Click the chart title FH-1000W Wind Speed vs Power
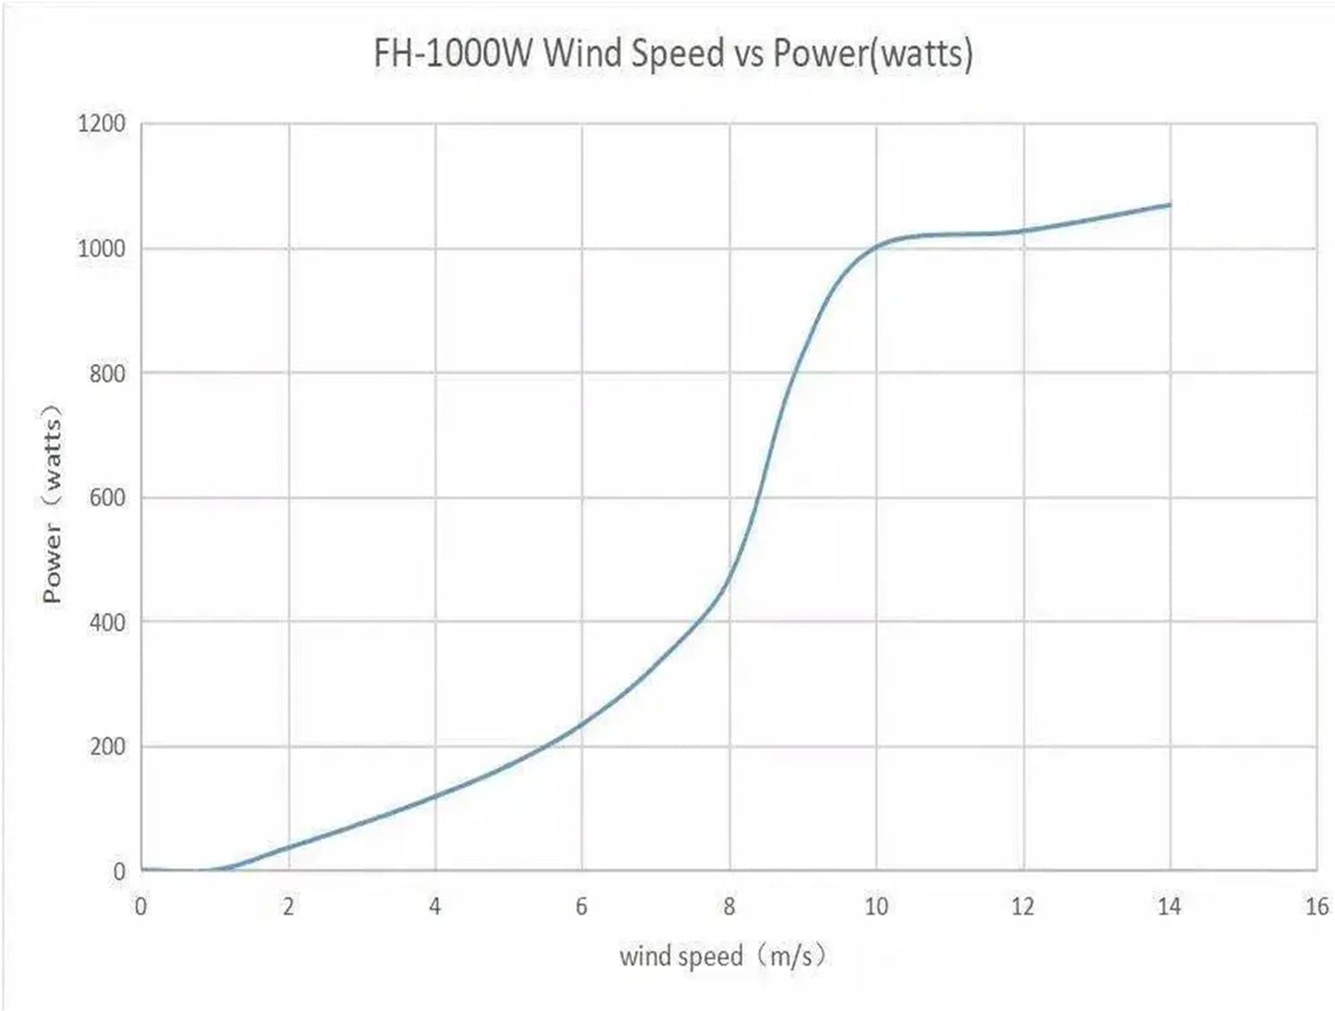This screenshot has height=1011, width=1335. pyautogui.click(x=673, y=53)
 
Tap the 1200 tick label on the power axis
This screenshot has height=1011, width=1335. pyautogui.click(x=102, y=123)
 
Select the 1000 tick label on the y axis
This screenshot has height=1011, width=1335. pyautogui.click(x=102, y=249)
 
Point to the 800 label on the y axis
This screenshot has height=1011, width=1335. pyautogui.click(x=107, y=373)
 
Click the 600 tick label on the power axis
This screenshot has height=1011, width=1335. pyautogui.click(x=107, y=497)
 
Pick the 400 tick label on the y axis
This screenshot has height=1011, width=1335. pyautogui.click(x=107, y=622)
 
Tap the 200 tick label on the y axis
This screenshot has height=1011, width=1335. pyautogui.click(x=107, y=746)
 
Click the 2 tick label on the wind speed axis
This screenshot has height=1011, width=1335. pyautogui.click(x=288, y=906)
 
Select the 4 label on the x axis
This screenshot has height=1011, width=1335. pyautogui.click(x=435, y=906)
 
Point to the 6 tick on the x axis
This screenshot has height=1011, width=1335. pyautogui.click(x=582, y=906)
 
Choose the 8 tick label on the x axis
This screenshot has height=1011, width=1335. pyautogui.click(x=729, y=906)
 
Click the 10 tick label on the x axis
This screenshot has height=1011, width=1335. pyautogui.click(x=876, y=906)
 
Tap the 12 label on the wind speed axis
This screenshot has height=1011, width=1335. pyautogui.click(x=1023, y=906)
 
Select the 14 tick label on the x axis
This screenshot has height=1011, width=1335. pyautogui.click(x=1169, y=906)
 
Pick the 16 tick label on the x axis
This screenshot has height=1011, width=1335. pyautogui.click(x=1316, y=906)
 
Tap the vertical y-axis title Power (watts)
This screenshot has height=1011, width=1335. pyautogui.click(x=53, y=504)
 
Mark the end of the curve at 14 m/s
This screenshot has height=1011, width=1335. pyautogui.click(x=1169, y=205)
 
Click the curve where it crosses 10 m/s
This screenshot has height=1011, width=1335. pyautogui.click(x=876, y=246)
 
